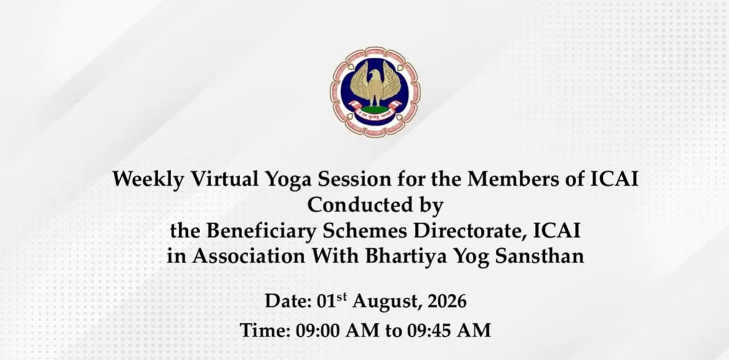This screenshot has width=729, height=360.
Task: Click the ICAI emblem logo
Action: pos(374,91)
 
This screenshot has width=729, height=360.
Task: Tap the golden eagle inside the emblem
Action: pos(374,85)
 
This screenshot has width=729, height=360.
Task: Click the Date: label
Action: pos(288,301)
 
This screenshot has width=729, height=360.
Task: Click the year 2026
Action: pos(447,301)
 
